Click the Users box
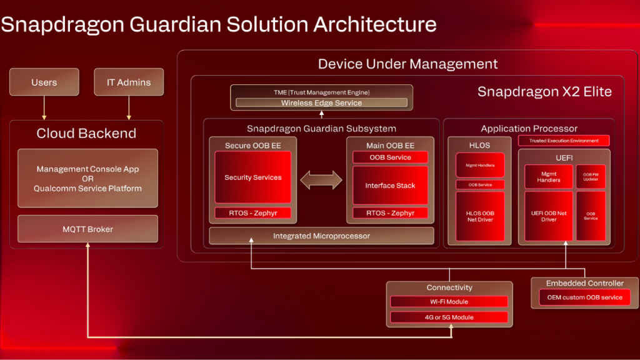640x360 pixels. [x=44, y=82]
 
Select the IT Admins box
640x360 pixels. [x=128, y=82]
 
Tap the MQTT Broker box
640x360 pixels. [x=87, y=229]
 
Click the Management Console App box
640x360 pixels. [x=87, y=178]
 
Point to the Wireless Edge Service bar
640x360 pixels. [x=321, y=102]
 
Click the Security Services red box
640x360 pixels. [x=252, y=177]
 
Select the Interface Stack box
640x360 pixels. [x=390, y=185]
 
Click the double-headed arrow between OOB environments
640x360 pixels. [x=321, y=180]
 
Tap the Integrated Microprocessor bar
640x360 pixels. [x=321, y=236]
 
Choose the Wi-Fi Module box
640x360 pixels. [x=449, y=302]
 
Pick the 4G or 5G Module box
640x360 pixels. [x=449, y=317]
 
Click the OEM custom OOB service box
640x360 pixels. [x=584, y=297]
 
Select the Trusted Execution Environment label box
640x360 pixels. [x=564, y=141]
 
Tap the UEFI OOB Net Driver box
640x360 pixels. [x=548, y=216]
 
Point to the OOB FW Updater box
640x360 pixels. [x=591, y=177]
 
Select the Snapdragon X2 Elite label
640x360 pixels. [x=544, y=92]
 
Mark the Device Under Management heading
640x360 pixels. [x=407, y=64]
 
